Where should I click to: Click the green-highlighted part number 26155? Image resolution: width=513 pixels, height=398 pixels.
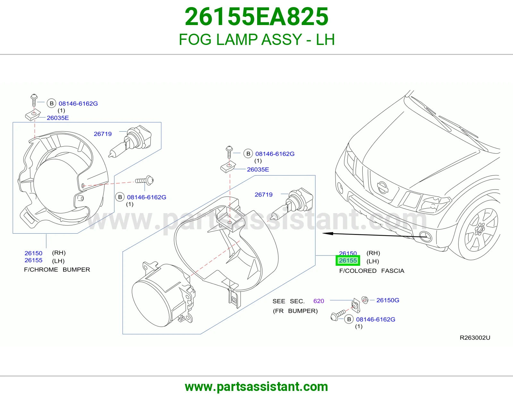point(348,260)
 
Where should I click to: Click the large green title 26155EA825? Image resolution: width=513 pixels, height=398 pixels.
point(256,17)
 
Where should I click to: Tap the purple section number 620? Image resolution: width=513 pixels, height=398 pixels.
point(319,301)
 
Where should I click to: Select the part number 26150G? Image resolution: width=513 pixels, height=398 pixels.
point(388,300)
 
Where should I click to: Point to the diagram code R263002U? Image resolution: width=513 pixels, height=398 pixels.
point(475,337)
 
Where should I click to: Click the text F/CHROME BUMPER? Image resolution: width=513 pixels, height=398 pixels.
point(57,270)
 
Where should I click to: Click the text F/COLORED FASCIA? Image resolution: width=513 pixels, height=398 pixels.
point(372,271)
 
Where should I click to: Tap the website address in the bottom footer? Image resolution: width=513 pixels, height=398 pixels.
point(256,387)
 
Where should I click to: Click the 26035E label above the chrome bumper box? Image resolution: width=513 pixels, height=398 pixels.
point(58,118)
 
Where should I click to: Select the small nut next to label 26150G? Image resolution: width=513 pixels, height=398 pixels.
point(365,300)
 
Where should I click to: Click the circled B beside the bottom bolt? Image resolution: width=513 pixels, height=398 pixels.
point(349,319)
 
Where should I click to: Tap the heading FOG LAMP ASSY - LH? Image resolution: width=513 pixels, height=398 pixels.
point(256,39)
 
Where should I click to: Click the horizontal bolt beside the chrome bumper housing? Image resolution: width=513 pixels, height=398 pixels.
point(145,181)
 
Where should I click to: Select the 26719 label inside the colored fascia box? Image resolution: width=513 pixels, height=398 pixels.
point(264,195)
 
